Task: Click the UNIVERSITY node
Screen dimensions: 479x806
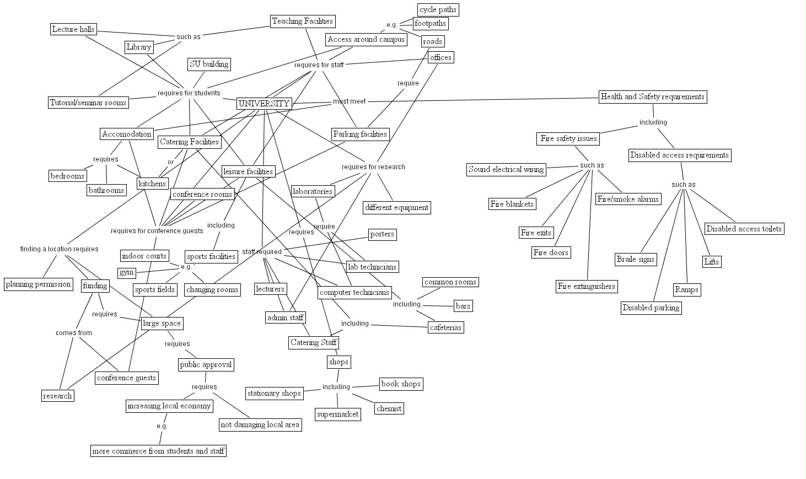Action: click(x=264, y=104)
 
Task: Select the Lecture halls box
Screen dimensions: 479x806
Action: click(x=73, y=29)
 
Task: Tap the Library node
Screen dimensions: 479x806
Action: click(x=138, y=47)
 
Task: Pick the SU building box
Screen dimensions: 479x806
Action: click(x=209, y=64)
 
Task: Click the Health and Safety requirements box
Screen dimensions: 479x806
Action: click(x=652, y=96)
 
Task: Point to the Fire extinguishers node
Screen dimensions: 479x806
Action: click(x=586, y=286)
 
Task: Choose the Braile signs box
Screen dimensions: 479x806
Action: click(x=636, y=259)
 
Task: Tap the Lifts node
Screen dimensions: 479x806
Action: click(x=711, y=262)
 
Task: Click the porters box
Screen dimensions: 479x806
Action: click(x=382, y=234)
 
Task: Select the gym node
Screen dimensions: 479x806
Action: click(x=126, y=272)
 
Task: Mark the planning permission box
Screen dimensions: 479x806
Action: click(x=38, y=284)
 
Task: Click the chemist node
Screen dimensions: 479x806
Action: click(x=389, y=408)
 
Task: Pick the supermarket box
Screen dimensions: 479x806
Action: click(x=338, y=414)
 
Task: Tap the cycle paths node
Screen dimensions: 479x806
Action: click(x=438, y=10)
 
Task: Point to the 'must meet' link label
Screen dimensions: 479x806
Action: click(x=349, y=101)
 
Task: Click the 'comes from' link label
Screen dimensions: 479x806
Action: click(x=74, y=333)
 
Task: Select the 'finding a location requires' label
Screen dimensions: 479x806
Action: click(x=60, y=249)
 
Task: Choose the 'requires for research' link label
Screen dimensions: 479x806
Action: click(x=373, y=167)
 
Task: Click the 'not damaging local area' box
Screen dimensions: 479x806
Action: click(x=260, y=424)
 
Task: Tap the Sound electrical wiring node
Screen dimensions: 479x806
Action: click(x=506, y=169)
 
